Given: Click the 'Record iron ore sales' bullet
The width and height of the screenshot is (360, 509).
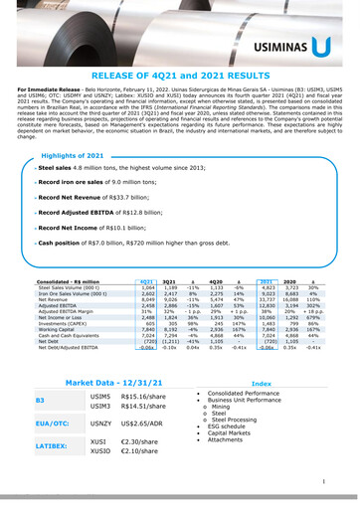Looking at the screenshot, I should pos(74,184).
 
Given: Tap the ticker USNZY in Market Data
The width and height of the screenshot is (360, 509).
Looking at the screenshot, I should pos(101,424).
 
